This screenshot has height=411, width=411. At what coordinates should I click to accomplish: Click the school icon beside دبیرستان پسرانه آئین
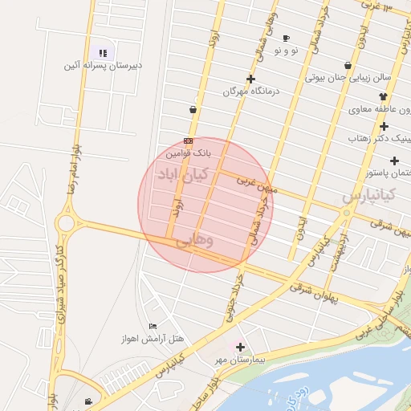tap(103, 53)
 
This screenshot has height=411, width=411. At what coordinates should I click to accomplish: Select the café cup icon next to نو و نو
tap(287, 38)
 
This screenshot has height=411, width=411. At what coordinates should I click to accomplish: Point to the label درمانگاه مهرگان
tap(254, 92)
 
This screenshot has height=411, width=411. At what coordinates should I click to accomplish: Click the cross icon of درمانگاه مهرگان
tap(251, 79)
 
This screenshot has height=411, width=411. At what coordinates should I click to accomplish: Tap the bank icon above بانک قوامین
tap(188, 140)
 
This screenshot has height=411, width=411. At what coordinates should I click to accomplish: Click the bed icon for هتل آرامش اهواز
tap(153, 326)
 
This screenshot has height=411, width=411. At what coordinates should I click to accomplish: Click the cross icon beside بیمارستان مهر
tap(240, 347)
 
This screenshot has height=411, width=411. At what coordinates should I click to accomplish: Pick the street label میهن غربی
tap(258, 186)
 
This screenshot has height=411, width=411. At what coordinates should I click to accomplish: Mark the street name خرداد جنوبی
tap(232, 305)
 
